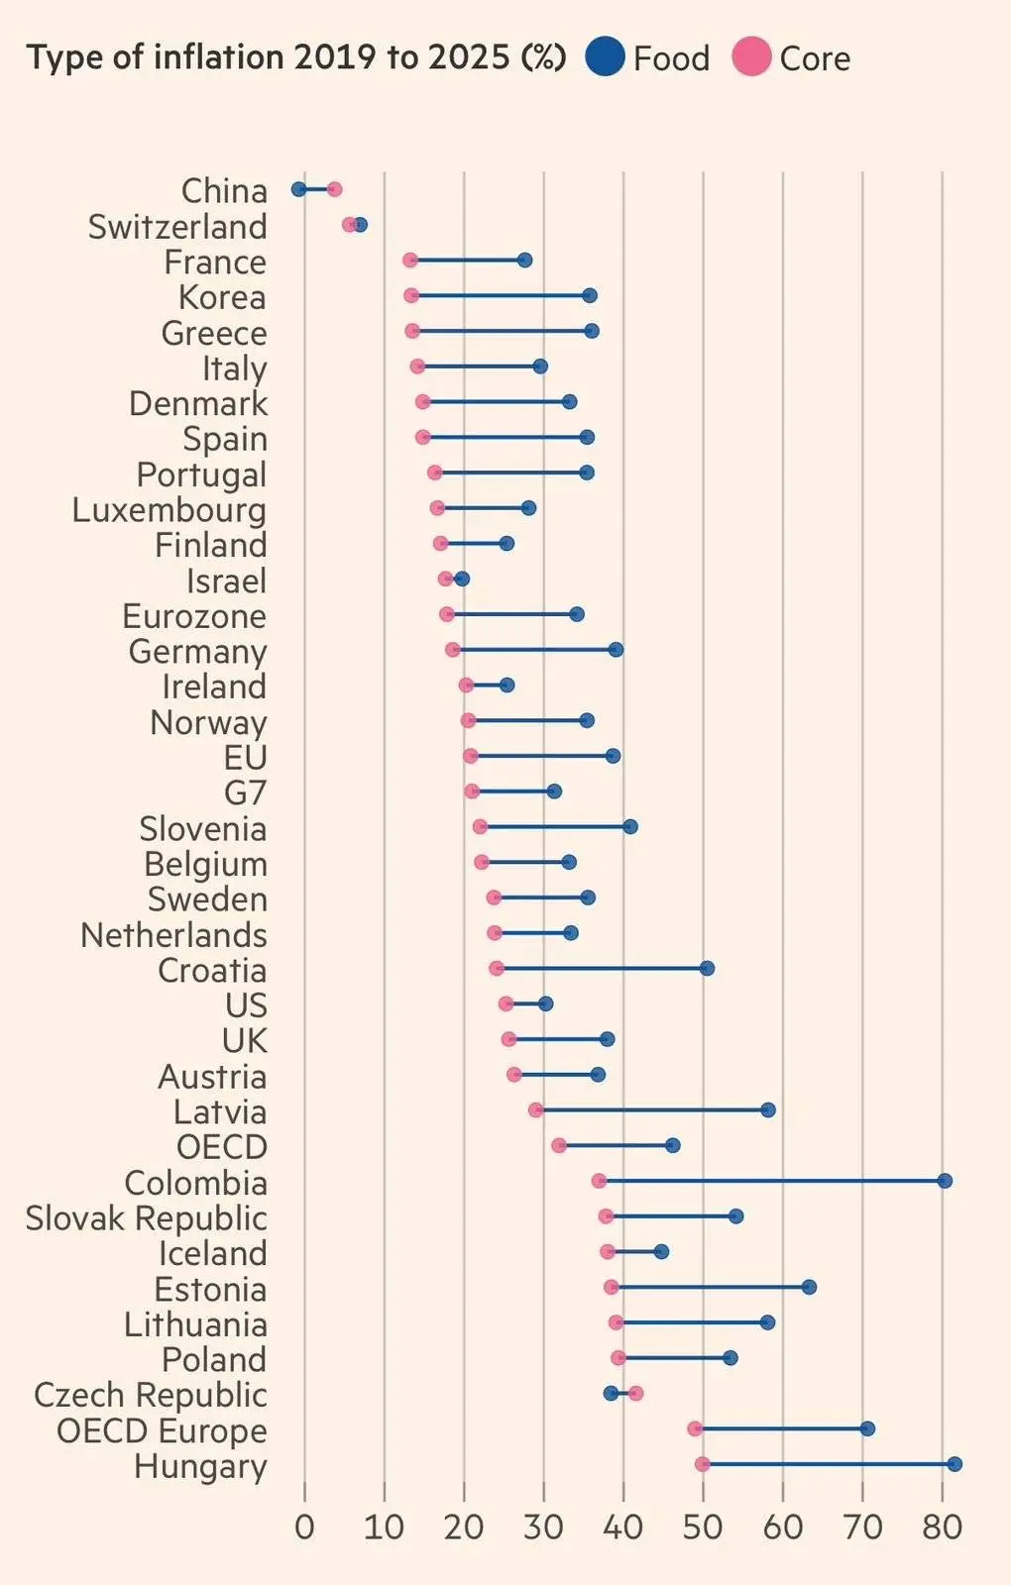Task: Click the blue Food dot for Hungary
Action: [955, 1464]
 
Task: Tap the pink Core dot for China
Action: [334, 189]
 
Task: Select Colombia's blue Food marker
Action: [945, 1181]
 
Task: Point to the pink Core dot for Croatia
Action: [497, 969]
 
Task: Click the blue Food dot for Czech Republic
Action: [611, 1394]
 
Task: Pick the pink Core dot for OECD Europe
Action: [695, 1428]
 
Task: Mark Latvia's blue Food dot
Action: [768, 1109]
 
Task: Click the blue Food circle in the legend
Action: [605, 56]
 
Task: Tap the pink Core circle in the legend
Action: [751, 56]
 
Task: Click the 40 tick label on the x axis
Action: [623, 1527]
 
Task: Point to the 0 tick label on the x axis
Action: [304, 1527]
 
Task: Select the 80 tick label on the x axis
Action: [943, 1527]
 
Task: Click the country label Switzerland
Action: [177, 227]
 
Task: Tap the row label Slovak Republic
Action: [147, 1218]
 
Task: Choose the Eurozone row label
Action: [194, 616]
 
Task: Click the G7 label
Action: [245, 793]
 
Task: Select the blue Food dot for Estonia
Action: [809, 1287]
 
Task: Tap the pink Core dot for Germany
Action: [453, 650]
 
